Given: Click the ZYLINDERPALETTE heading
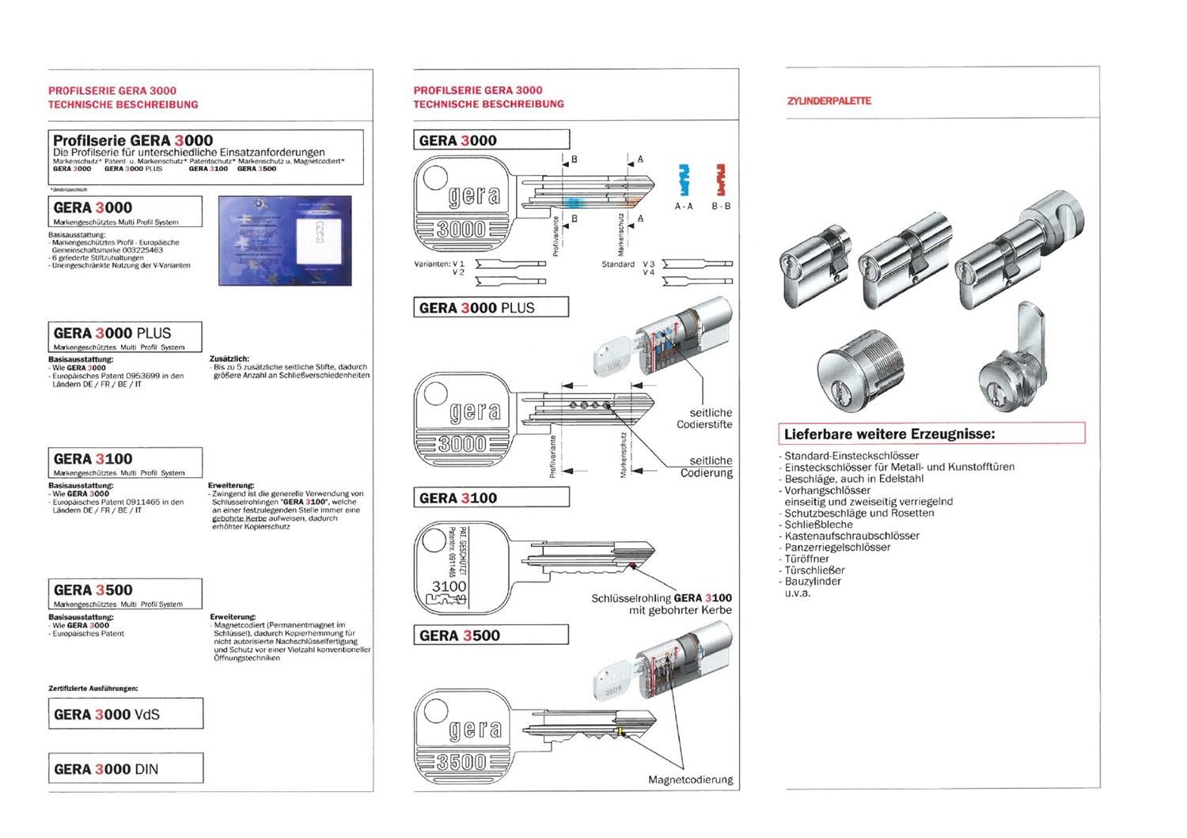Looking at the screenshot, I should pos(829,101).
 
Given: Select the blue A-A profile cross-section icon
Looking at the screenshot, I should pos(685,180).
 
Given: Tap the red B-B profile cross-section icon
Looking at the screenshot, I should pos(721,180).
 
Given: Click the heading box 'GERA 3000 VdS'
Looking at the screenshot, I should pos(125,714).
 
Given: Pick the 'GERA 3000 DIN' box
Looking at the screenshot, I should pos(125,768).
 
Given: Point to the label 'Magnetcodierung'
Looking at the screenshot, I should pos(690,779).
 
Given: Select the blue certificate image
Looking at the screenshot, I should pos(285,241).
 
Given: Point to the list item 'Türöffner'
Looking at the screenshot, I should pos(806,559).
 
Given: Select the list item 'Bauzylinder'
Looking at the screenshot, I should pos(812,582).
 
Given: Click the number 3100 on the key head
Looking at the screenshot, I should pos(449,586).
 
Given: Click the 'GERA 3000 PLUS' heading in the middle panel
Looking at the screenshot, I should pos(491,308).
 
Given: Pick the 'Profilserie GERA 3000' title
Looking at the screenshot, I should pos(133,140).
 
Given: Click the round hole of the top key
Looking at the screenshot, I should pos(436,177).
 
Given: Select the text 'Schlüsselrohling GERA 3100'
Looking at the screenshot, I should pos(661,598).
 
